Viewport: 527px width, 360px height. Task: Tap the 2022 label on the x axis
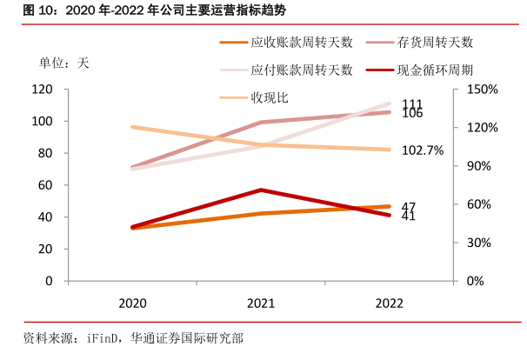[x=388, y=303]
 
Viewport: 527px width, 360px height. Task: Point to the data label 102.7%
[x=424, y=150]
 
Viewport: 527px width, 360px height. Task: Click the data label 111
[x=413, y=104]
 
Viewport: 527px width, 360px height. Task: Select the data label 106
[x=413, y=114]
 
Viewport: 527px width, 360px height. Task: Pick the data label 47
[x=410, y=206]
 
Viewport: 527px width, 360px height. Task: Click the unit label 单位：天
[x=63, y=63]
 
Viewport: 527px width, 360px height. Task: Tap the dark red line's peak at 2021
[x=259, y=190]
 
